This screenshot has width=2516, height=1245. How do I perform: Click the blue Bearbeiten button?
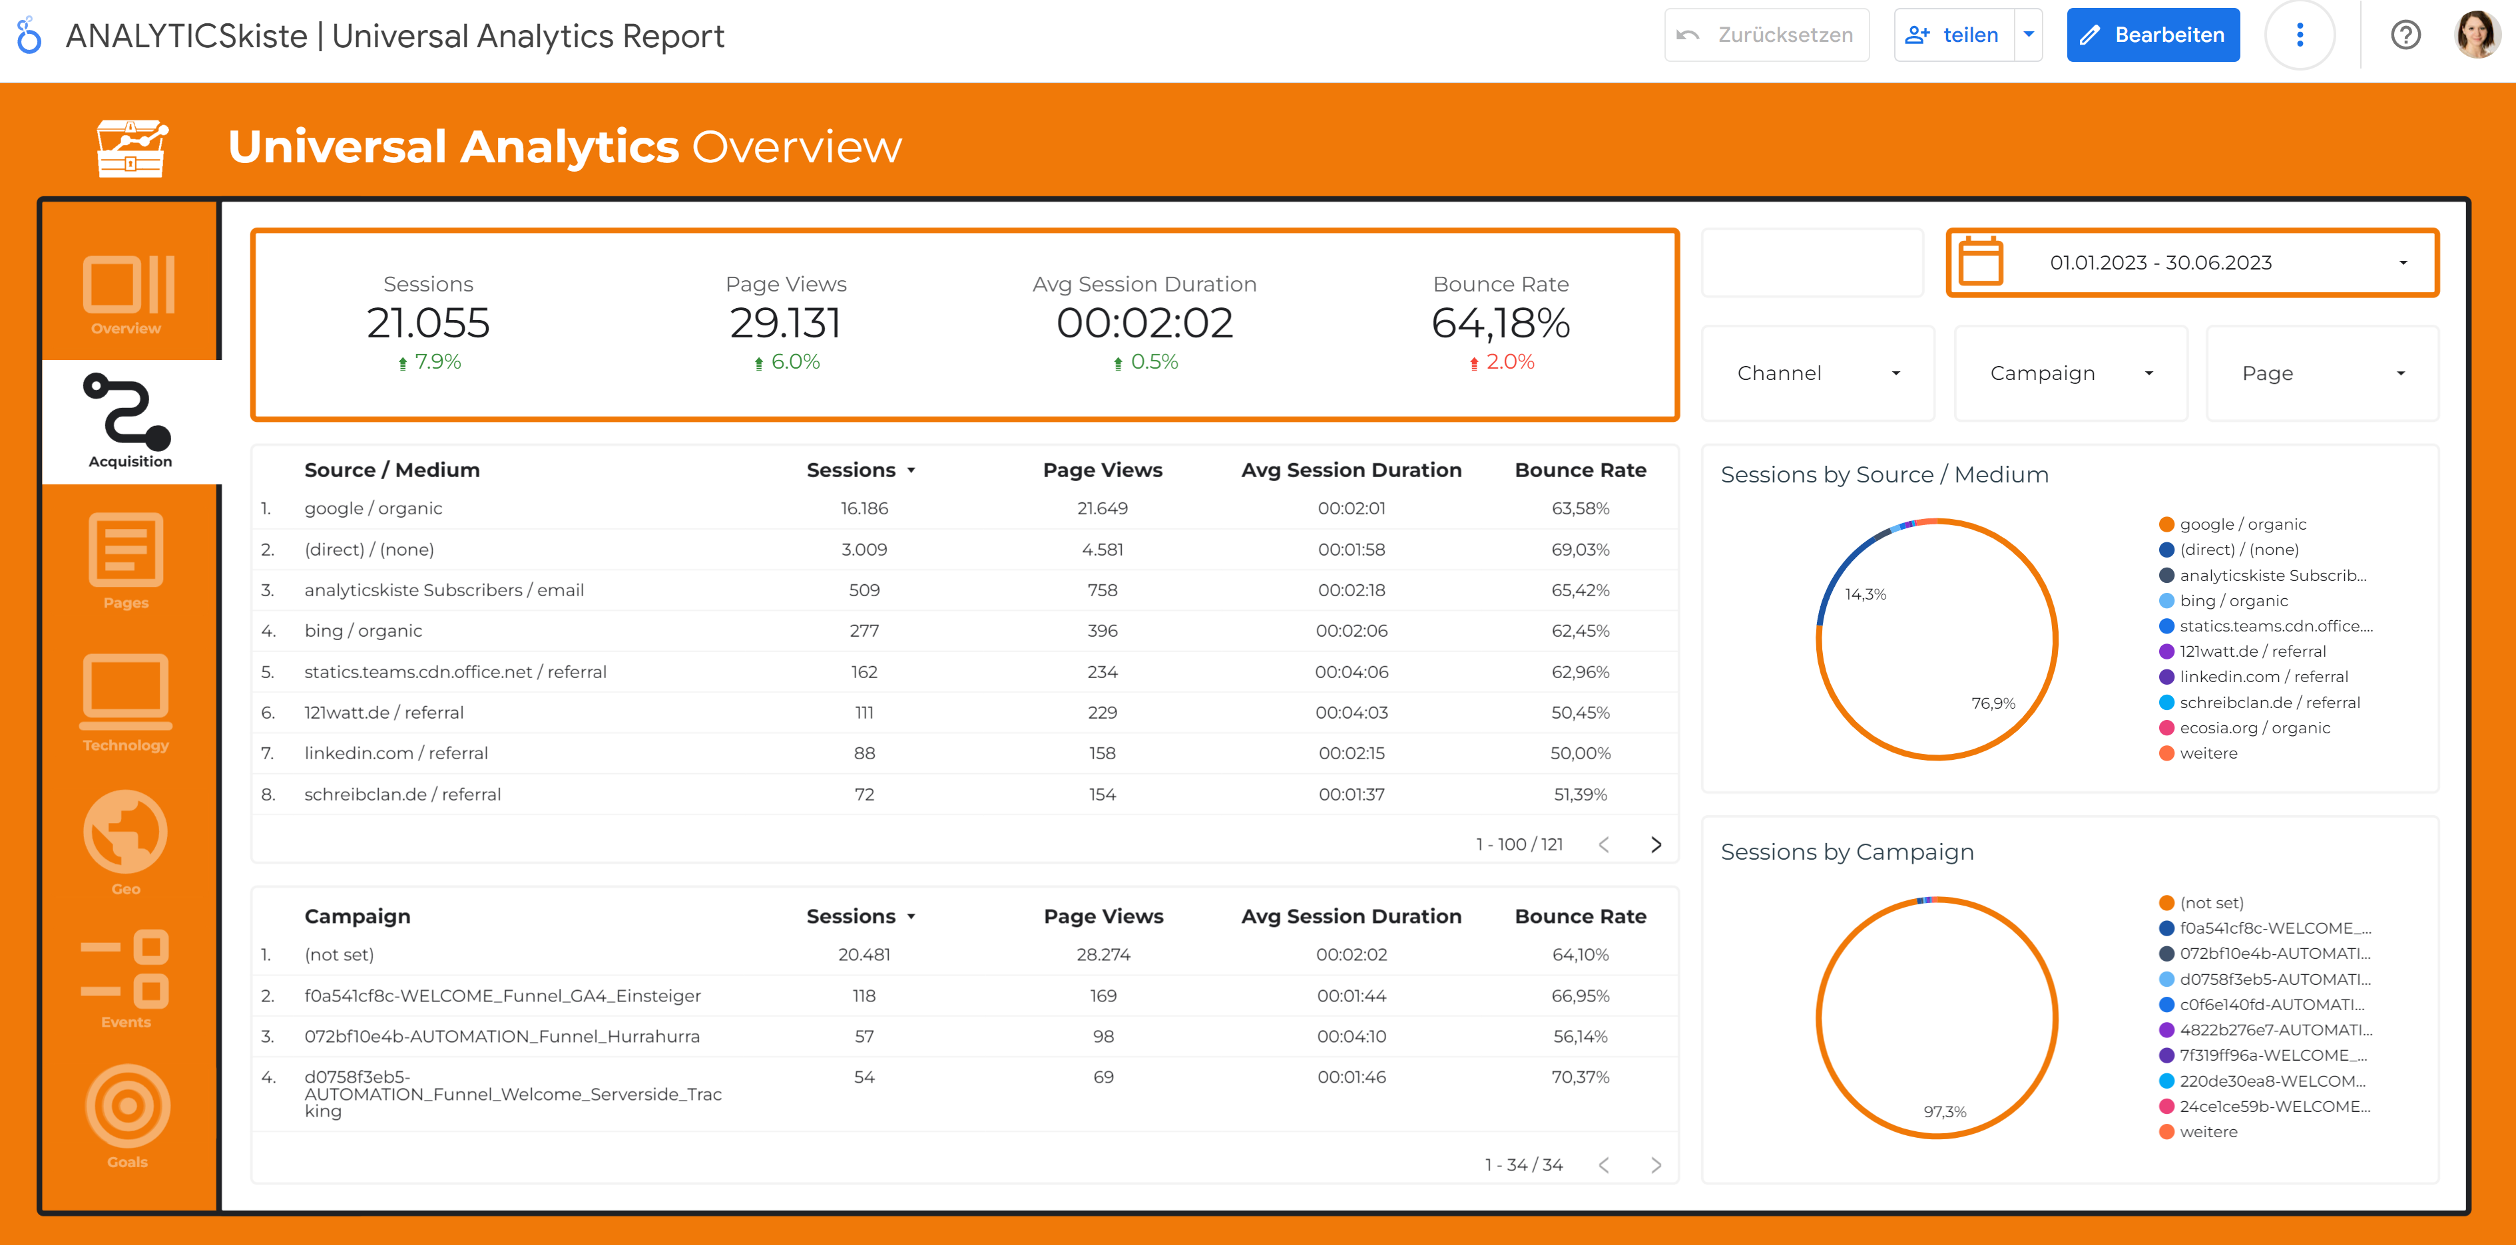2152,35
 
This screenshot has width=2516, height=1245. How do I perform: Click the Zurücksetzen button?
1766,35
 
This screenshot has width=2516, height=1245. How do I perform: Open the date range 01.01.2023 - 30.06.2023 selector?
2192,263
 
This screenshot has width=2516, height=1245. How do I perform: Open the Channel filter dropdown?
1817,373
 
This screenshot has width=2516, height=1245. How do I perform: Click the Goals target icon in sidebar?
127,1107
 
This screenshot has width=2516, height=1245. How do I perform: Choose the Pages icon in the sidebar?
126,550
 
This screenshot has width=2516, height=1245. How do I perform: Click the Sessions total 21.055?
428,323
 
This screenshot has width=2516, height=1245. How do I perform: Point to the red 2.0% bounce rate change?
1509,362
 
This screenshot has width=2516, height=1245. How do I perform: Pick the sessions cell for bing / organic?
864,631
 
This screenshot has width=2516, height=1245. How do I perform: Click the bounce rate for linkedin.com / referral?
1579,753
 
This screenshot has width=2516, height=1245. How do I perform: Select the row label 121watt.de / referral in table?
384,713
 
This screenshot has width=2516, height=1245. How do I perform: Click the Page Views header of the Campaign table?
1103,916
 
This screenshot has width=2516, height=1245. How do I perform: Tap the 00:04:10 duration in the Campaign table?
1351,1036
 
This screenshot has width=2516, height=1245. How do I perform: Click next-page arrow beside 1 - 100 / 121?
1656,844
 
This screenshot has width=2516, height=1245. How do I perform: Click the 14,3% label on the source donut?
1865,594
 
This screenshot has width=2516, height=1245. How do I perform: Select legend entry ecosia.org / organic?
2254,727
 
